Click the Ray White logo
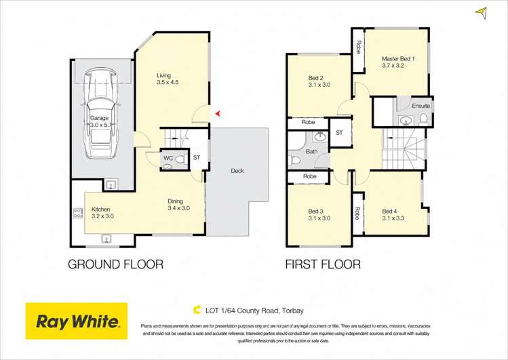pos(77,321)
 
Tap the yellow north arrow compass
pos(482,13)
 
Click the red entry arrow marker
pos(218,113)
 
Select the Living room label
pos(163,75)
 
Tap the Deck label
pos(237,171)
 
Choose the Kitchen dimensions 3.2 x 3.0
pos(102,216)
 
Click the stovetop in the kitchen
pos(78,213)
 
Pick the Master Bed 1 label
pos(398,58)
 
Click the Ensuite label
pos(421,106)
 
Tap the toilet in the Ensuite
pos(423,120)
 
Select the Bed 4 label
pos(389,211)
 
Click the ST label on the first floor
pos(339,133)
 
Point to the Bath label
pos(312,151)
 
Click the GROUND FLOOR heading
pos(116,264)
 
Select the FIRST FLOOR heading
pos(323,264)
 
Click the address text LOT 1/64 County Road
pos(242,311)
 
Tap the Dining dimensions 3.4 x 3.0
pos(179,208)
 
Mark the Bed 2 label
pos(315,78)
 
